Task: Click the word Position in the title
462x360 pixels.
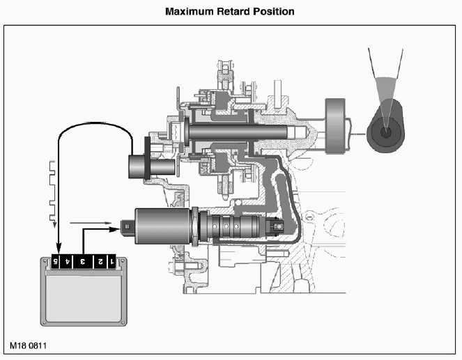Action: (276, 12)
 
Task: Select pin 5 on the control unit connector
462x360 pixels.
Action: (56, 263)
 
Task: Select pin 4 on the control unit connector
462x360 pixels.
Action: (68, 263)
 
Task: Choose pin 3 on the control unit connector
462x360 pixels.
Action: (83, 263)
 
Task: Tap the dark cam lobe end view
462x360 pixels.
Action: (387, 130)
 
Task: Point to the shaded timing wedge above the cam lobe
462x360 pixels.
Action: (387, 91)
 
